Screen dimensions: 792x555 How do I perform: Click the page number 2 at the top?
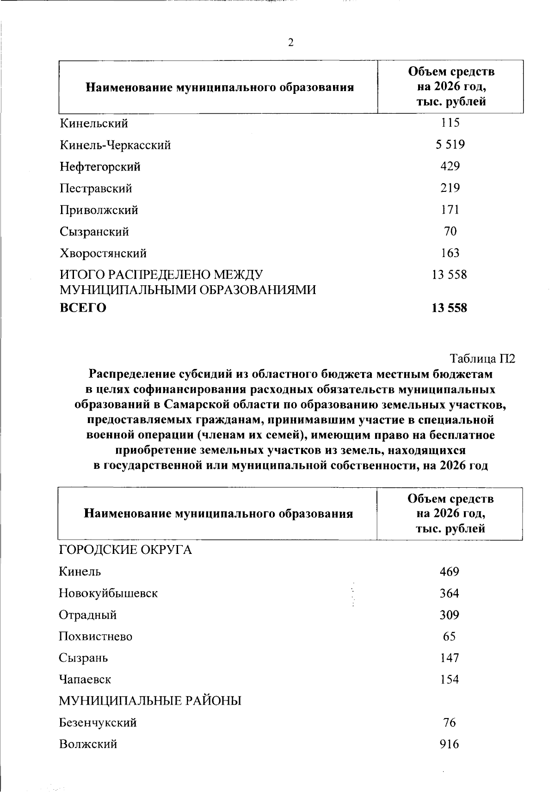pos(290,43)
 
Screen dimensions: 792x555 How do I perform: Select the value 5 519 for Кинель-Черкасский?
pos(450,145)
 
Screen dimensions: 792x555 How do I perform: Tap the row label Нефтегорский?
pos(100,166)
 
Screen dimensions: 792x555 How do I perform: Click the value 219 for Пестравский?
pos(450,188)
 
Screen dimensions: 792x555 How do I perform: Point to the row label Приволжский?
pos(99,210)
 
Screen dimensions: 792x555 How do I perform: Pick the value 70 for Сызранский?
pos(450,231)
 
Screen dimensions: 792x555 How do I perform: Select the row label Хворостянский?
pos(103,253)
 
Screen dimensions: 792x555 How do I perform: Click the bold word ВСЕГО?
pos(83,308)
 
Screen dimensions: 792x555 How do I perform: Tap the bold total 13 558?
pos(449,308)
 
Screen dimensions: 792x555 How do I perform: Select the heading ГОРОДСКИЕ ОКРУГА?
pos(125,550)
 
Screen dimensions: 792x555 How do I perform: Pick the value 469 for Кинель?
pos(449,571)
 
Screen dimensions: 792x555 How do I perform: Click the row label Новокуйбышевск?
pos(108,593)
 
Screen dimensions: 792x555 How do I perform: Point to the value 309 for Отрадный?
pos(449,615)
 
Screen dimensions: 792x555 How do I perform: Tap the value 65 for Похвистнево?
pos(449,637)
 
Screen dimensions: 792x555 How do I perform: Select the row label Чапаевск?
pos(85,680)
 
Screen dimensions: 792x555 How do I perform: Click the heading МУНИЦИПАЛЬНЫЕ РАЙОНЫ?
pos(150,701)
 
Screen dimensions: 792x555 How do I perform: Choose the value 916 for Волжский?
pos(449,744)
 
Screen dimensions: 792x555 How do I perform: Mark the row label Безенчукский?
pos(98,723)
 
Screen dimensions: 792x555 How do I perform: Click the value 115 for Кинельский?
pos(450,123)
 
